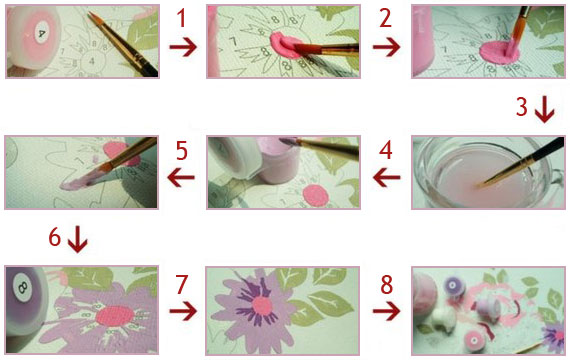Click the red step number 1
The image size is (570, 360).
click(x=181, y=19)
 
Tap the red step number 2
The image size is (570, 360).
click(x=385, y=19)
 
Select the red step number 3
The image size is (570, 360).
click(x=522, y=107)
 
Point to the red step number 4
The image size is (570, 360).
click(x=386, y=150)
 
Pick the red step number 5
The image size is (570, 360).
click(x=182, y=151)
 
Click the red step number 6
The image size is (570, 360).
click(x=55, y=237)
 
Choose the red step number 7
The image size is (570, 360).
click(x=181, y=284)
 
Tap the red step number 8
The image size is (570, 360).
click(x=386, y=284)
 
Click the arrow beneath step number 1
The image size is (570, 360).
click(x=183, y=47)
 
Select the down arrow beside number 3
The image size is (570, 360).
click(x=545, y=109)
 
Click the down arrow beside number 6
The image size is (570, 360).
click(x=77, y=240)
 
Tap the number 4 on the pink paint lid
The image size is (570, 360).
click(x=41, y=33)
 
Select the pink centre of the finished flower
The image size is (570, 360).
click(x=262, y=306)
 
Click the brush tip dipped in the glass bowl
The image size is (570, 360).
click(x=481, y=185)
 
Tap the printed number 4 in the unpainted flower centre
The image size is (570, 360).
click(x=92, y=61)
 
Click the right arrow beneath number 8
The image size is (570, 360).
click(x=386, y=311)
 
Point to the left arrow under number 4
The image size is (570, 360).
click(x=386, y=177)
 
